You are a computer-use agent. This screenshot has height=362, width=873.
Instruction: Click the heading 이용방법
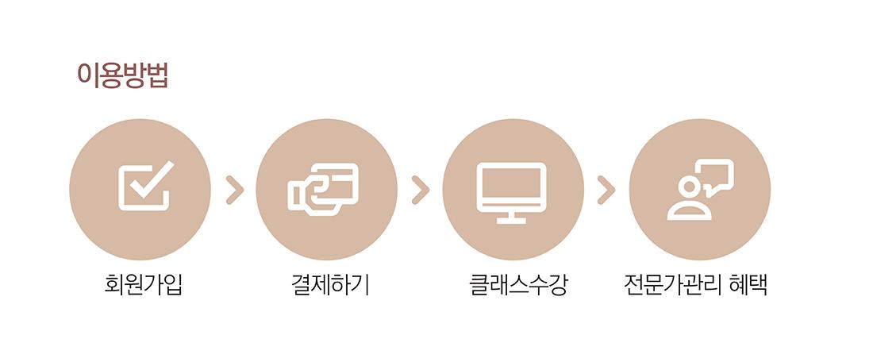(x=122, y=75)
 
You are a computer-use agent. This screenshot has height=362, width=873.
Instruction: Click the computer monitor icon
(x=511, y=193)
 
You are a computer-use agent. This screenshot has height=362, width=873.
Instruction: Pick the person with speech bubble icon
(x=701, y=190)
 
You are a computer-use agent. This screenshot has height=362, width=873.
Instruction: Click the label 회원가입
(x=143, y=286)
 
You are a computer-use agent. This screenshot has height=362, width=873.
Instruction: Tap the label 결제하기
(x=330, y=286)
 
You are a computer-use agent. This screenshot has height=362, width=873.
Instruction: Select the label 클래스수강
(x=518, y=286)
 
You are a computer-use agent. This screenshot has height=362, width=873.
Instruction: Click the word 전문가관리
(x=673, y=286)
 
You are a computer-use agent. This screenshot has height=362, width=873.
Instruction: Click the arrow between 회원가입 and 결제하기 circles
(x=235, y=190)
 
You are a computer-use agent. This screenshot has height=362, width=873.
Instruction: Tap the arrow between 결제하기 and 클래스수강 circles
(x=421, y=190)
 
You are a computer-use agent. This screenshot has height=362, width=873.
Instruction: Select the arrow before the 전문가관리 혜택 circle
(x=606, y=190)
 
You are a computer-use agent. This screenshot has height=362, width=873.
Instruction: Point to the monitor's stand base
(x=511, y=221)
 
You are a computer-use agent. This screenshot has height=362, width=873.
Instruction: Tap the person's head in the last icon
(x=689, y=187)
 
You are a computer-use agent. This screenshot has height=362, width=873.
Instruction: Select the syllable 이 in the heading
(x=88, y=75)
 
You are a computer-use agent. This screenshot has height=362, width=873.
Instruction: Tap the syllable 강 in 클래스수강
(x=557, y=286)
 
